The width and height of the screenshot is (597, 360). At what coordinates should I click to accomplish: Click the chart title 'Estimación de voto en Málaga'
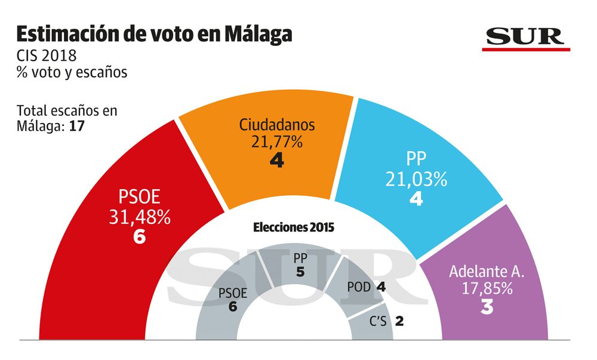pyautogui.click(x=154, y=33)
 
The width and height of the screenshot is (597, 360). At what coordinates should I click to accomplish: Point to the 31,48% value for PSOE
pyautogui.click(x=140, y=217)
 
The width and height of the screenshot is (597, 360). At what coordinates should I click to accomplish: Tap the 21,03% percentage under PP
pyautogui.click(x=416, y=179)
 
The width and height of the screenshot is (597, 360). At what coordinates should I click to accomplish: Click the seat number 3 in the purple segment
pyautogui.click(x=487, y=309)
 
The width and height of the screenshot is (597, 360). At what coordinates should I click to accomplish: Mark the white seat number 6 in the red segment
pyautogui.click(x=140, y=237)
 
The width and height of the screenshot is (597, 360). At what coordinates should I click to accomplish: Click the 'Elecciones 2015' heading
pyautogui.click(x=294, y=227)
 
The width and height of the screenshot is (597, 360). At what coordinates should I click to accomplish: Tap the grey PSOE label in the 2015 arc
pyautogui.click(x=233, y=293)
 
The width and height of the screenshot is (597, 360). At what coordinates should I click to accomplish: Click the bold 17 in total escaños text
pyautogui.click(x=76, y=126)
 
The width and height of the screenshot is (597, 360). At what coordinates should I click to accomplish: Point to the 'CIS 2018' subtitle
pyautogui.click(x=47, y=57)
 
